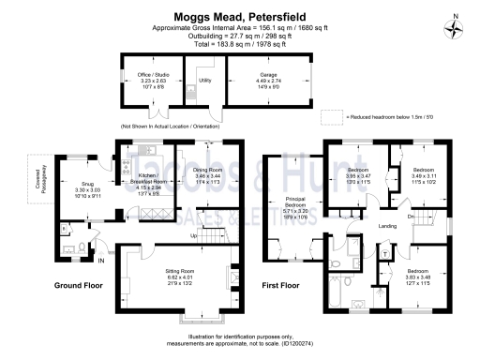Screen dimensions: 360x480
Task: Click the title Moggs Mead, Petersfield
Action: click(x=239, y=16)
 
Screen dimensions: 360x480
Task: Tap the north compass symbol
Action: click(x=457, y=25)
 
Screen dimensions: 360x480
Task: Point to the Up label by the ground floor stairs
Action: click(x=194, y=235)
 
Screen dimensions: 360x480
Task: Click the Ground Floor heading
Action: click(x=78, y=285)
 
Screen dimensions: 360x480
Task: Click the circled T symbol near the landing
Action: click(x=385, y=253)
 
